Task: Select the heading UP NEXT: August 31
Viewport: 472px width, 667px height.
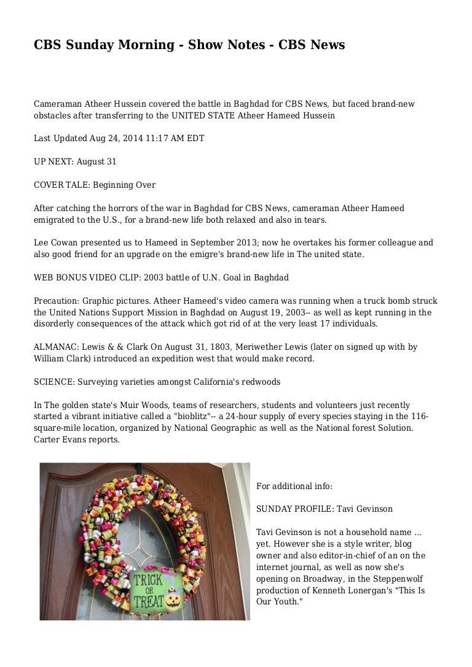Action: [75, 162]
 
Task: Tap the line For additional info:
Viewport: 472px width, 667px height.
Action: [294, 486]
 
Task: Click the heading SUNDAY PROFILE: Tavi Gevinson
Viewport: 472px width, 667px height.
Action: [324, 509]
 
